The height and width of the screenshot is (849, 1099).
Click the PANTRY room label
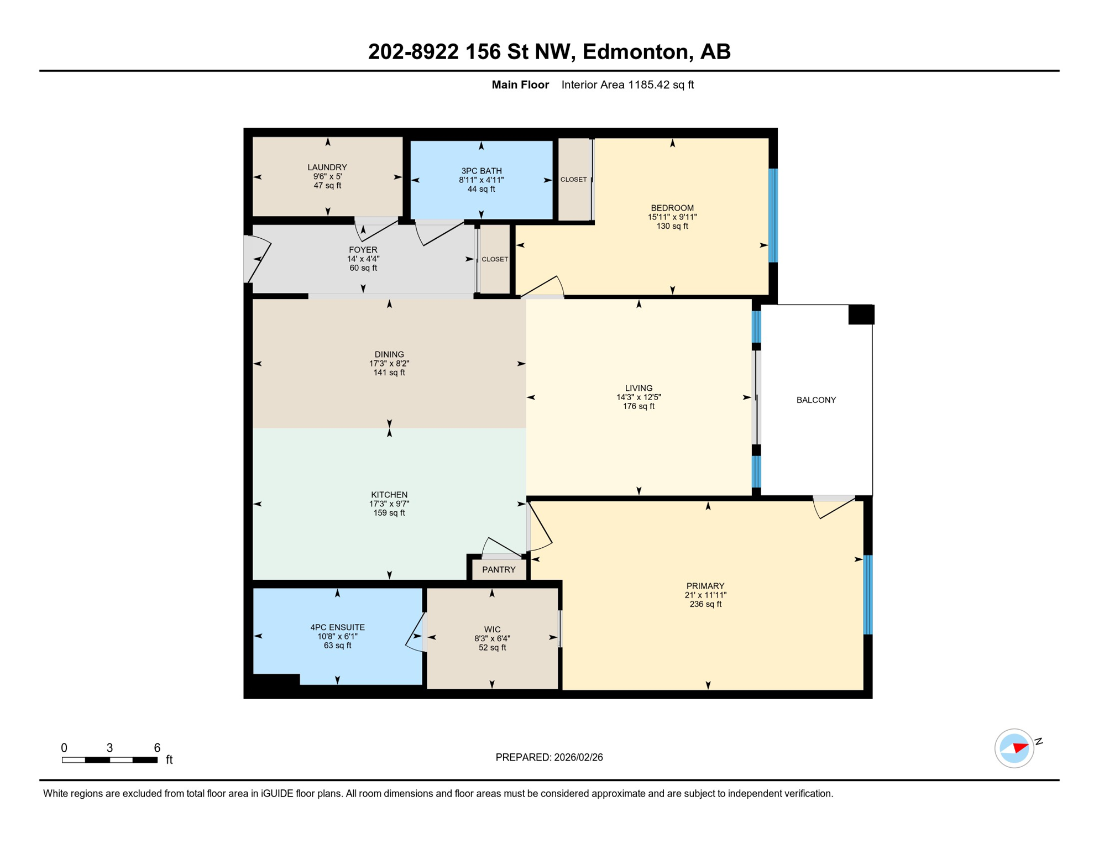pyautogui.click(x=499, y=569)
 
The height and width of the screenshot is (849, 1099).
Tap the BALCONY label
pyautogui.click(x=816, y=400)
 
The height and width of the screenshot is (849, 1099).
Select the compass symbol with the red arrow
pyautogui.click(x=1014, y=748)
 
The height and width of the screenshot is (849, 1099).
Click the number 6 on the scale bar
pyautogui.click(x=157, y=748)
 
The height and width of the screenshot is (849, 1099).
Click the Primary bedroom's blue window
pyautogui.click(x=868, y=594)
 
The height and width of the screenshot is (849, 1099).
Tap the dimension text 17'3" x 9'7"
pyautogui.click(x=389, y=504)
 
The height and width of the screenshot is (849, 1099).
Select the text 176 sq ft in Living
pyautogui.click(x=639, y=406)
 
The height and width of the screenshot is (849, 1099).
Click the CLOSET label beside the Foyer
pyautogui.click(x=495, y=259)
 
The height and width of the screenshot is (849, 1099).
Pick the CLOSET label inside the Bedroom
pyautogui.click(x=574, y=180)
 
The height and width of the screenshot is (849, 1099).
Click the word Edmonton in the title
pyautogui.click(x=636, y=51)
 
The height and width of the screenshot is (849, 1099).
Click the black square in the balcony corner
pyautogui.click(x=861, y=315)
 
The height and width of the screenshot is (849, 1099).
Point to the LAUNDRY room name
pyautogui.click(x=327, y=167)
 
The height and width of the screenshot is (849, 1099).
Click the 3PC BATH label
pyautogui.click(x=482, y=171)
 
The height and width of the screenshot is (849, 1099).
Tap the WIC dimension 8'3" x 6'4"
pyautogui.click(x=492, y=638)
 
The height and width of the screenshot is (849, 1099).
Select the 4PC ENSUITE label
pyautogui.click(x=337, y=627)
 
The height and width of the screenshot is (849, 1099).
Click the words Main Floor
pyautogui.click(x=520, y=85)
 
